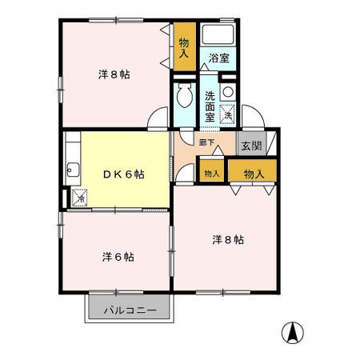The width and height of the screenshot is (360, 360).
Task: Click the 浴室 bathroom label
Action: pyautogui.click(x=219, y=58)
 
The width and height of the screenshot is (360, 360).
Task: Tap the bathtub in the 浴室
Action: pyautogui.click(x=218, y=34)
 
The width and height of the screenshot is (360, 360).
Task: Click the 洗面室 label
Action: pyautogui.click(x=210, y=106)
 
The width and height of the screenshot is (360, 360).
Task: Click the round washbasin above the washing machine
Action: pyautogui.click(x=228, y=91)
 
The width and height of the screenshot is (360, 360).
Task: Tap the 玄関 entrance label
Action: pyautogui.click(x=251, y=146)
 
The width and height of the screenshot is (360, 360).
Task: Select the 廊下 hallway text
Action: pyautogui.click(x=207, y=142)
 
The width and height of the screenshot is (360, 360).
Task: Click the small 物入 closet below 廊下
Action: pyautogui.click(x=212, y=173)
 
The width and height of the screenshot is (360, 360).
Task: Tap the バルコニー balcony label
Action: pyautogui.click(x=129, y=311)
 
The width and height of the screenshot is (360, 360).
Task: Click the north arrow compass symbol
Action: pyautogui.click(x=294, y=330)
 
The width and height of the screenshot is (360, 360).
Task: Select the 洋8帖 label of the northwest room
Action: pyautogui.click(x=114, y=74)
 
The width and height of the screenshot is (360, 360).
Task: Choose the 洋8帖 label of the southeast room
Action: pyautogui.click(x=228, y=239)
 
